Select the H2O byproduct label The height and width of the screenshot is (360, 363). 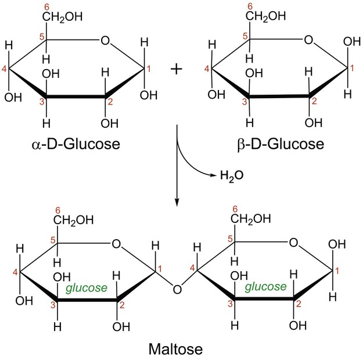[x=229, y=174]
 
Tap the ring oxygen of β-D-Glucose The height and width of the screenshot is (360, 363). [x=309, y=41]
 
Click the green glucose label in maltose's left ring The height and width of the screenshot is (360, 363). [x=86, y=287]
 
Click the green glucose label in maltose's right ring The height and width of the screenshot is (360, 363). [x=265, y=286]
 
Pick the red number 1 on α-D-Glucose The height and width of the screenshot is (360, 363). [x=148, y=70]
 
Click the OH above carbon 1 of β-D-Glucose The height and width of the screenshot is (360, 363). [x=351, y=43]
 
